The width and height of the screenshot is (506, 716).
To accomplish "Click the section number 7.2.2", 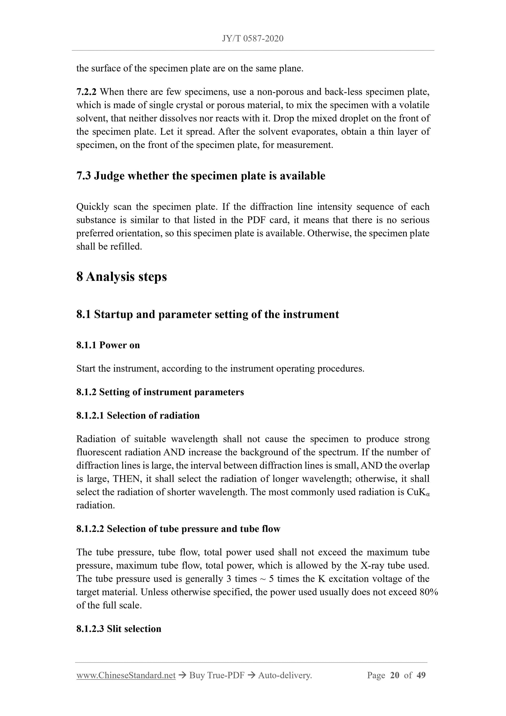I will tap(86, 92).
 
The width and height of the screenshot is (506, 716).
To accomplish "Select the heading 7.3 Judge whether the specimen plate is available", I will tap(200, 176).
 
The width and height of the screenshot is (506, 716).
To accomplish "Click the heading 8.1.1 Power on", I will tap(108, 345).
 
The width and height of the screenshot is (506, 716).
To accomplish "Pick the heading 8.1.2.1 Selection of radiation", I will tap(138, 415).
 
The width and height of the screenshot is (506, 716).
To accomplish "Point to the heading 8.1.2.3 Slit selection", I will tap(119, 629).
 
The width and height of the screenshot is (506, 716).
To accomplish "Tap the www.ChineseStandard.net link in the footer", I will tap(126, 675).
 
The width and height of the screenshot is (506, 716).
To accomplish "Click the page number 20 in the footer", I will tap(394, 675).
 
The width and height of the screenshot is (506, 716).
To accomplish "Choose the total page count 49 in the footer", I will tap(421, 675).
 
